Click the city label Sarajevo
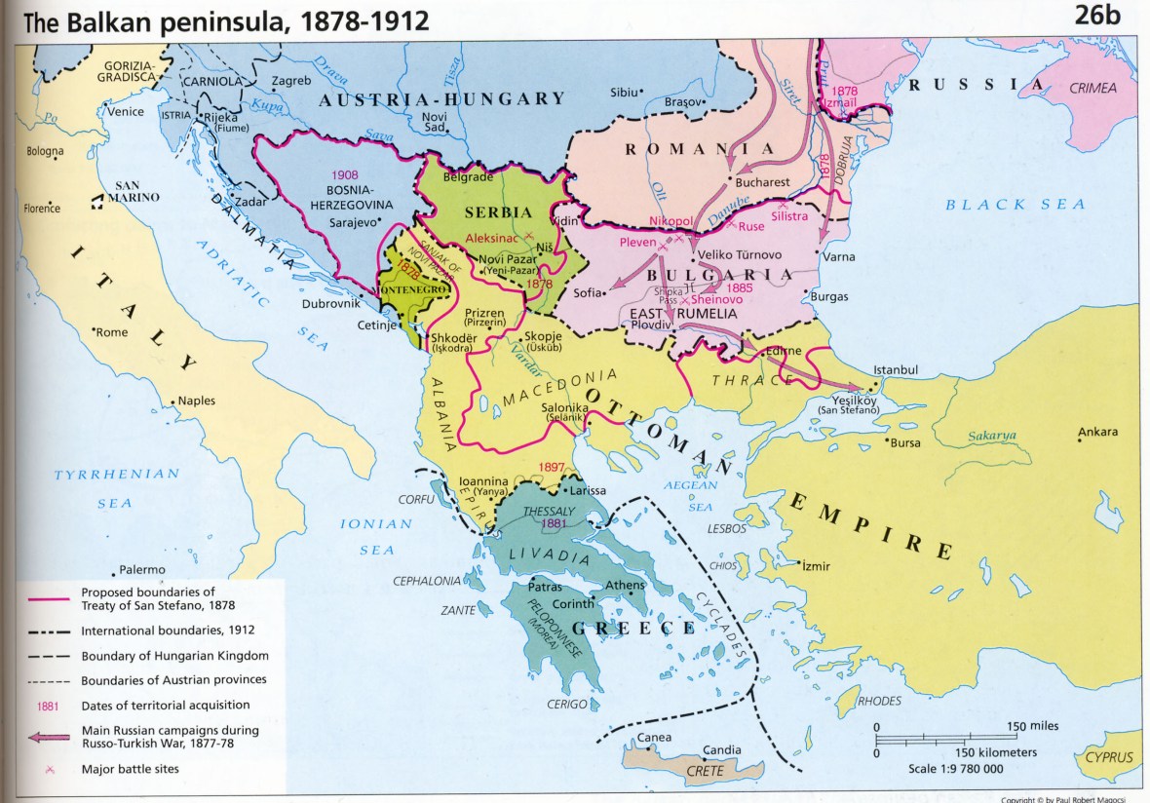[355, 222]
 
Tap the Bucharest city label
[763, 181]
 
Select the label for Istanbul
[897, 370]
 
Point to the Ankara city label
[1097, 432]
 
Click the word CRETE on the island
[705, 770]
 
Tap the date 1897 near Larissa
[551, 468]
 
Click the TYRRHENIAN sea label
[117, 475]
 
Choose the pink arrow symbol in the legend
[48, 737]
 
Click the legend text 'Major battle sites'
[131, 769]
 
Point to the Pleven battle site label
[639, 241]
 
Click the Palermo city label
[142, 570]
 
